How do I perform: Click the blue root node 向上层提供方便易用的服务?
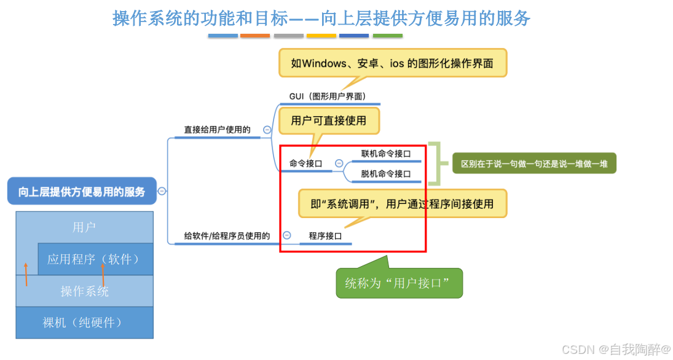click(x=82, y=192)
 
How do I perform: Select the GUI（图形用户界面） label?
click(x=328, y=96)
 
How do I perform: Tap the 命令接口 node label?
click(x=305, y=163)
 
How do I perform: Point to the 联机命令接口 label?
click(x=385, y=154)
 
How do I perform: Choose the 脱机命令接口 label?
click(x=385, y=174)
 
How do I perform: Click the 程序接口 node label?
click(x=325, y=235)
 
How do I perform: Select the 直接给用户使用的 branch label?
click(x=217, y=130)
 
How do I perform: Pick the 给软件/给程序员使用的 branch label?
click(x=227, y=235)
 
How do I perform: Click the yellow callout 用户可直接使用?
click(x=329, y=120)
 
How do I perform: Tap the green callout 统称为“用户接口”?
click(x=399, y=283)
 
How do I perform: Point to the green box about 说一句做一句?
click(x=534, y=164)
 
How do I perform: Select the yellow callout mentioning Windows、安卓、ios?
click(x=393, y=63)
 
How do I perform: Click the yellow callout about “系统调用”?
click(x=403, y=203)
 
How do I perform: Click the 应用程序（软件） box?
click(x=95, y=259)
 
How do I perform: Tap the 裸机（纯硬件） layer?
click(x=84, y=322)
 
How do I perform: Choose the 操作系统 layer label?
click(x=84, y=291)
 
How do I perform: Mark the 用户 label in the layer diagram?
click(x=84, y=227)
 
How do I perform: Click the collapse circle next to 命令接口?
click(x=339, y=163)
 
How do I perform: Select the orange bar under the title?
click(x=255, y=36)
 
